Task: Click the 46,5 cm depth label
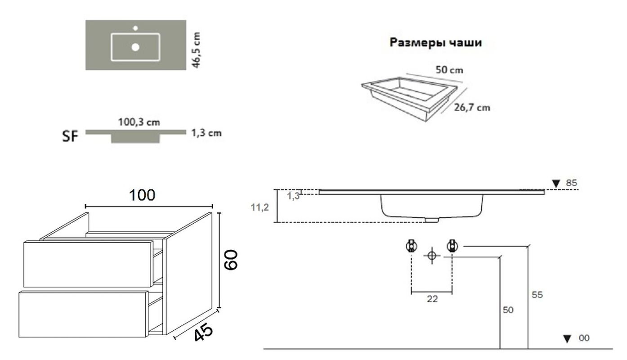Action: click(x=197, y=50)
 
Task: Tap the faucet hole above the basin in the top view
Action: click(x=135, y=28)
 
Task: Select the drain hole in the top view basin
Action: click(x=135, y=47)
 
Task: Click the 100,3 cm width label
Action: click(x=139, y=122)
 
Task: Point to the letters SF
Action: click(x=70, y=136)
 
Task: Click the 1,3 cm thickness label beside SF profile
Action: click(x=206, y=133)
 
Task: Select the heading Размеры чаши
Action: click(x=436, y=43)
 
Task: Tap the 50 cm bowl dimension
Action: click(x=449, y=70)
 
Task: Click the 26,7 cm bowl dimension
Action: click(x=472, y=108)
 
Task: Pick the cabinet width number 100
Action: click(x=142, y=195)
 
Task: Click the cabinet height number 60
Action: click(x=231, y=260)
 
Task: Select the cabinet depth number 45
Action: click(x=203, y=332)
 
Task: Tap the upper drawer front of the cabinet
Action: click(x=88, y=264)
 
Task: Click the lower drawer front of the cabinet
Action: click(x=83, y=314)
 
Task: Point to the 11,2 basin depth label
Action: click(x=260, y=207)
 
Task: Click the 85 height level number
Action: click(x=571, y=183)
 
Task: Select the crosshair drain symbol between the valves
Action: click(x=432, y=256)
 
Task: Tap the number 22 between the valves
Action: click(x=432, y=299)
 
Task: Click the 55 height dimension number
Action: click(x=537, y=295)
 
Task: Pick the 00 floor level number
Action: click(x=584, y=338)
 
